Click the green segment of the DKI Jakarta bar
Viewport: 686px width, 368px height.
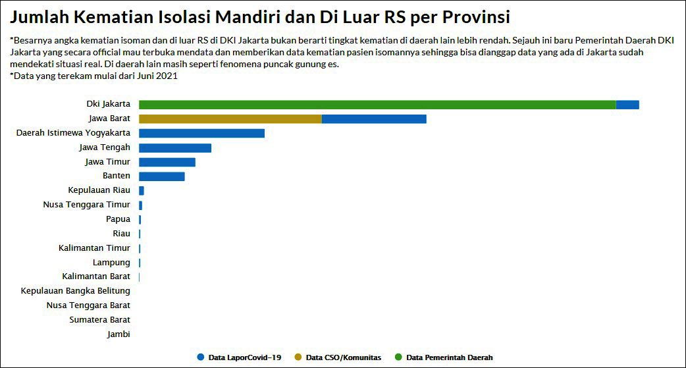pyautogui.click(x=377, y=105)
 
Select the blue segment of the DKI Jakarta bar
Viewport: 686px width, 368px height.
pyautogui.click(x=627, y=105)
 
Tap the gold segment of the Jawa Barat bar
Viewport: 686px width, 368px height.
pyautogui.click(x=230, y=119)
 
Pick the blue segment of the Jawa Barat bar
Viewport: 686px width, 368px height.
pyautogui.click(x=374, y=119)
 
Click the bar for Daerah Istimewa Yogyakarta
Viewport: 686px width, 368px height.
pyautogui.click(x=201, y=134)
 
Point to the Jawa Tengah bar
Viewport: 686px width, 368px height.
pyautogui.click(x=175, y=147)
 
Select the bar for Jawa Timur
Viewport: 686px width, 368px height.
pyautogui.click(x=167, y=162)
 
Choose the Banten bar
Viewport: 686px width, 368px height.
pyautogui.click(x=162, y=176)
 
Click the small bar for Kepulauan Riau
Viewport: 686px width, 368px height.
pyautogui.click(x=142, y=191)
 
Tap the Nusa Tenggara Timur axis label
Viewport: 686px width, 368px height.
pyautogui.click(x=86, y=205)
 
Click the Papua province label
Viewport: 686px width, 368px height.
pyautogui.click(x=118, y=219)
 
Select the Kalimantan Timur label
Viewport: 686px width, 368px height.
pyautogui.click(x=94, y=248)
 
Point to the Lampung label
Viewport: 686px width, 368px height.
pyautogui.click(x=111, y=263)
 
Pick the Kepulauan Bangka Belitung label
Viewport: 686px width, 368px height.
pyautogui.click(x=75, y=291)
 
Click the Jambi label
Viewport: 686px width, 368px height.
pyautogui.click(x=119, y=334)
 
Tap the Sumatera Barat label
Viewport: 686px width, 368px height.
pyautogui.click(x=99, y=320)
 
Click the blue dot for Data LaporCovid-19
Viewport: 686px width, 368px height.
pyautogui.click(x=200, y=357)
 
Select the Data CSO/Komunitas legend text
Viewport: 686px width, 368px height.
pyautogui.click(x=344, y=357)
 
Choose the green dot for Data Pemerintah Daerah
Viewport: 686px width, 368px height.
pyautogui.click(x=398, y=357)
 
